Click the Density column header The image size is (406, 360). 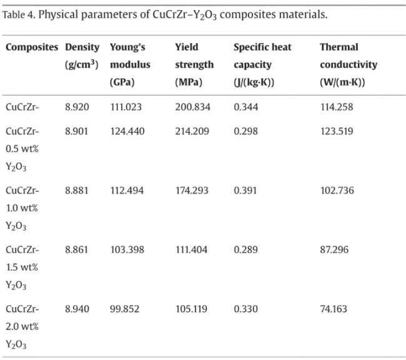(x=82, y=56)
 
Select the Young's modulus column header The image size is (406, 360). (x=130, y=65)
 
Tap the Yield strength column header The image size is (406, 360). (x=194, y=65)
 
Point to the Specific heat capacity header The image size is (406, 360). (x=262, y=65)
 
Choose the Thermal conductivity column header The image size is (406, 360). (x=349, y=65)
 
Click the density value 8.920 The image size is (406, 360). (x=77, y=107)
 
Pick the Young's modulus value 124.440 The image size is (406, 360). (x=127, y=131)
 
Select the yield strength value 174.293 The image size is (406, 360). (x=192, y=190)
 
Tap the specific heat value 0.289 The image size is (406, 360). (x=245, y=250)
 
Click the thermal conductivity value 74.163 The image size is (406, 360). (x=334, y=309)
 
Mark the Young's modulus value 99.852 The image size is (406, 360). (x=124, y=309)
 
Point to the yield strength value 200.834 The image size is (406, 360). (x=192, y=107)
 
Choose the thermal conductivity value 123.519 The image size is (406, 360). (x=337, y=131)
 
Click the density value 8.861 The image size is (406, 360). (x=76, y=250)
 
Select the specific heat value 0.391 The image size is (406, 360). (x=245, y=190)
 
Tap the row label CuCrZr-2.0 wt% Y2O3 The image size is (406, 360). (x=22, y=327)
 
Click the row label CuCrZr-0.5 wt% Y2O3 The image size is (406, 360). (x=22, y=149)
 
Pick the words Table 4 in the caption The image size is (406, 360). (x=18, y=15)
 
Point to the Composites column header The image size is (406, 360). (x=32, y=47)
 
